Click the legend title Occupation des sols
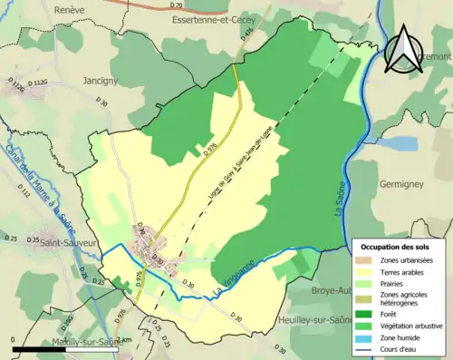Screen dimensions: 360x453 pyautogui.click(x=396, y=247)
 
